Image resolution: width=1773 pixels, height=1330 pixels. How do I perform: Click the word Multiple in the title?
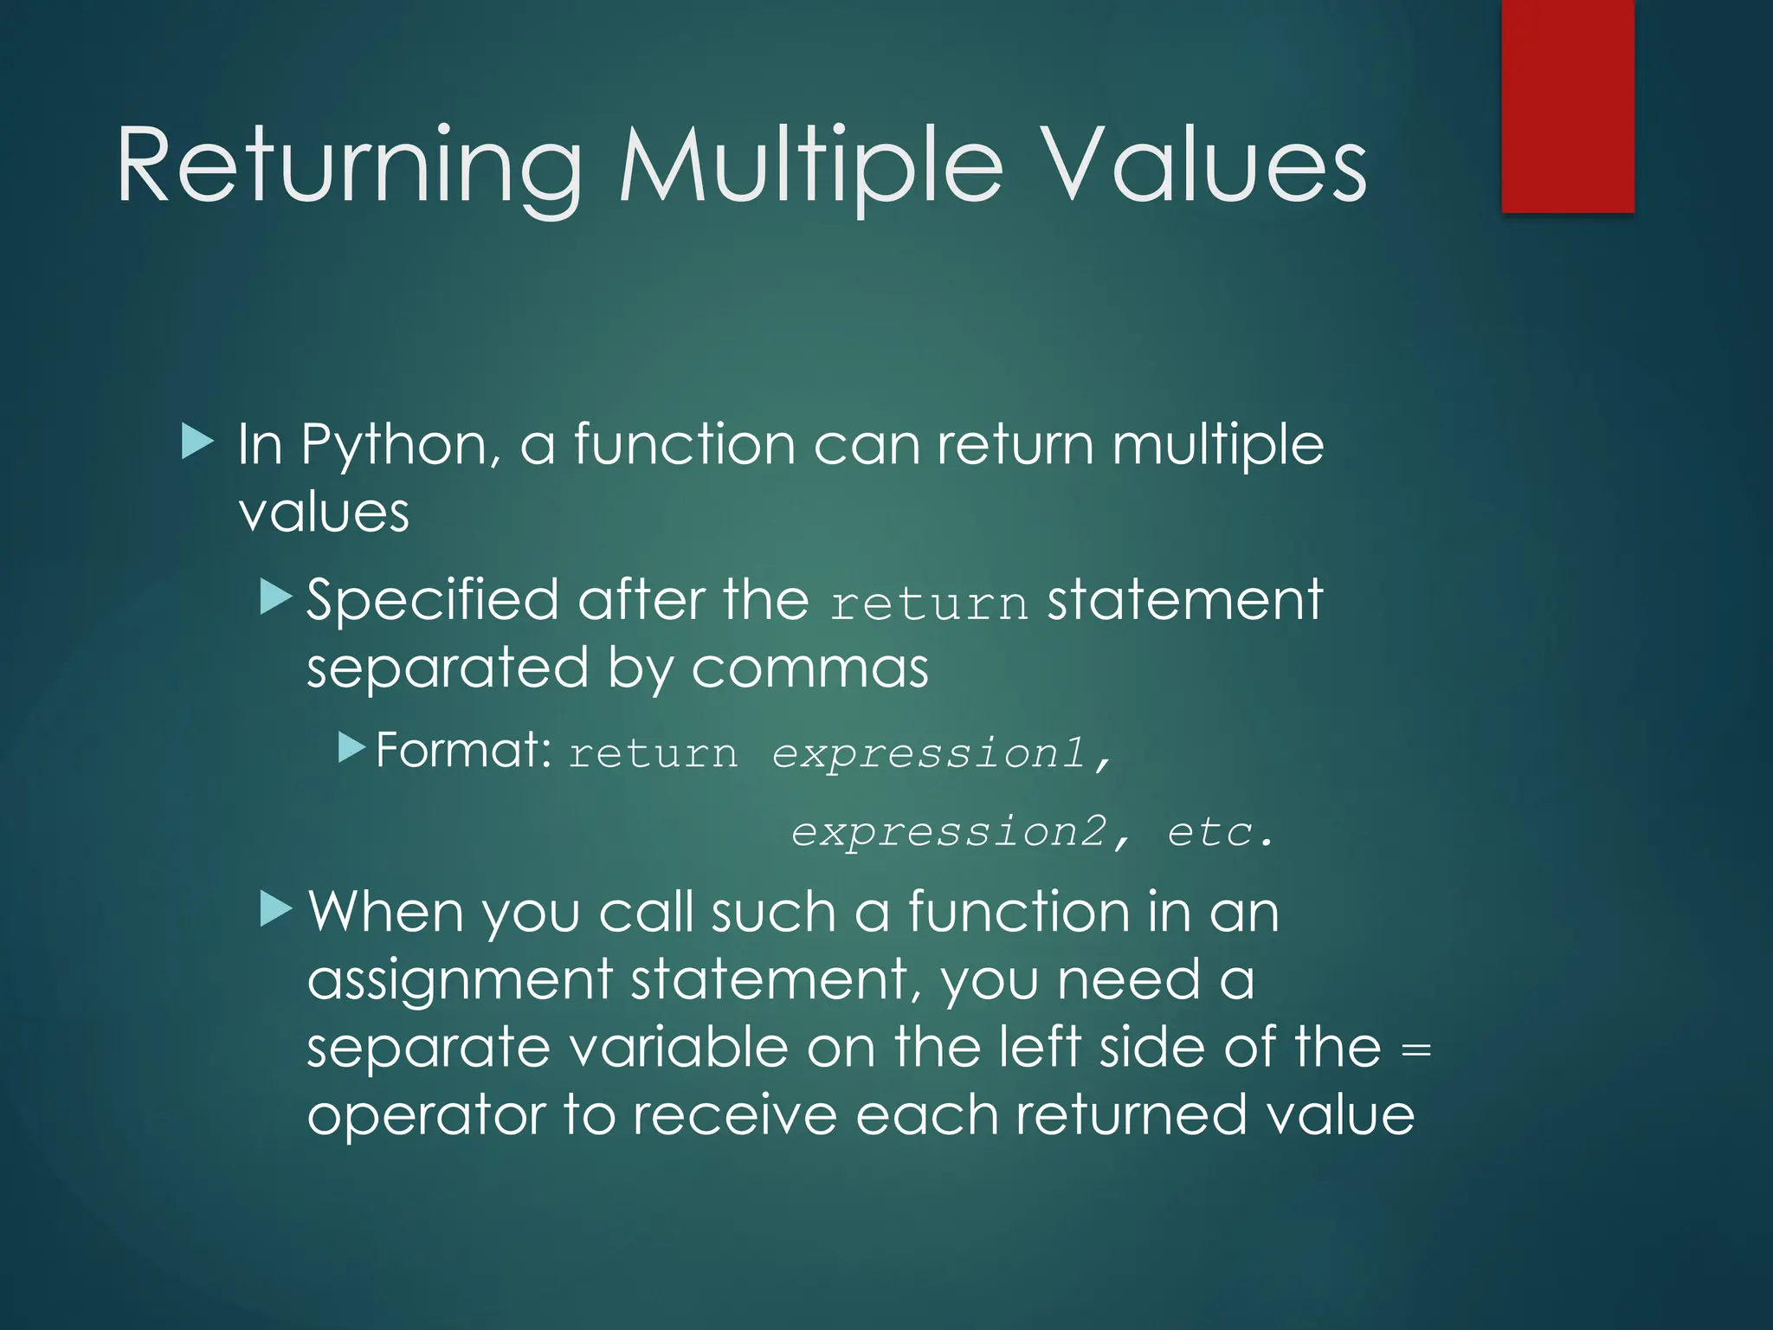[x=810, y=166]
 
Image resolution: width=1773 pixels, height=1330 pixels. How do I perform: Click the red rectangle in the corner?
[x=1567, y=106]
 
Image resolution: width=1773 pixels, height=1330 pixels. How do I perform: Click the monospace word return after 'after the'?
[x=928, y=604]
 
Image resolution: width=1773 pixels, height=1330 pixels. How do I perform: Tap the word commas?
[x=809, y=669]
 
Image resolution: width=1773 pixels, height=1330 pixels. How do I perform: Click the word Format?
[x=463, y=750]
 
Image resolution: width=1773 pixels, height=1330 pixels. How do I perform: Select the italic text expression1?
[x=941, y=753]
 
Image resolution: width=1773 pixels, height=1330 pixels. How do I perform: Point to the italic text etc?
[x=1221, y=832]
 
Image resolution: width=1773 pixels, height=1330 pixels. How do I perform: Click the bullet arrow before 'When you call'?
[x=277, y=910]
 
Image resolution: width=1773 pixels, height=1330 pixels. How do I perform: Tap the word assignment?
[x=460, y=981]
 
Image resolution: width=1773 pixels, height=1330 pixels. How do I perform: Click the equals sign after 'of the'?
[x=1415, y=1050]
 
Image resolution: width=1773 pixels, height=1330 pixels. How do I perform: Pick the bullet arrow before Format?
[x=352, y=746]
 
